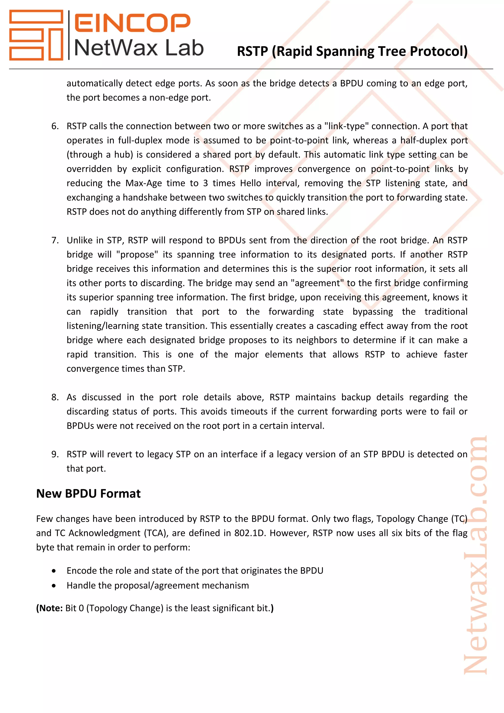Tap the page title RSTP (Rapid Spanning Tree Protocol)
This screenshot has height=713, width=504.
(x=352, y=51)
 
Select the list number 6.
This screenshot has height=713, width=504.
(x=55, y=126)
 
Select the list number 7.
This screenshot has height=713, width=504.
(x=55, y=240)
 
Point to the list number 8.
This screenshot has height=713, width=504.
(x=55, y=397)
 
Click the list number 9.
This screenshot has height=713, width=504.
(x=55, y=454)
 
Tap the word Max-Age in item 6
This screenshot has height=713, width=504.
(x=143, y=183)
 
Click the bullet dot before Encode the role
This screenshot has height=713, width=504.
(x=54, y=571)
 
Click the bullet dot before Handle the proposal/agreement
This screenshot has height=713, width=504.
(x=54, y=586)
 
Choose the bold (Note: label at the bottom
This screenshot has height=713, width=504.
(x=50, y=608)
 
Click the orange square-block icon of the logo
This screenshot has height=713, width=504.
(x=36, y=35)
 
